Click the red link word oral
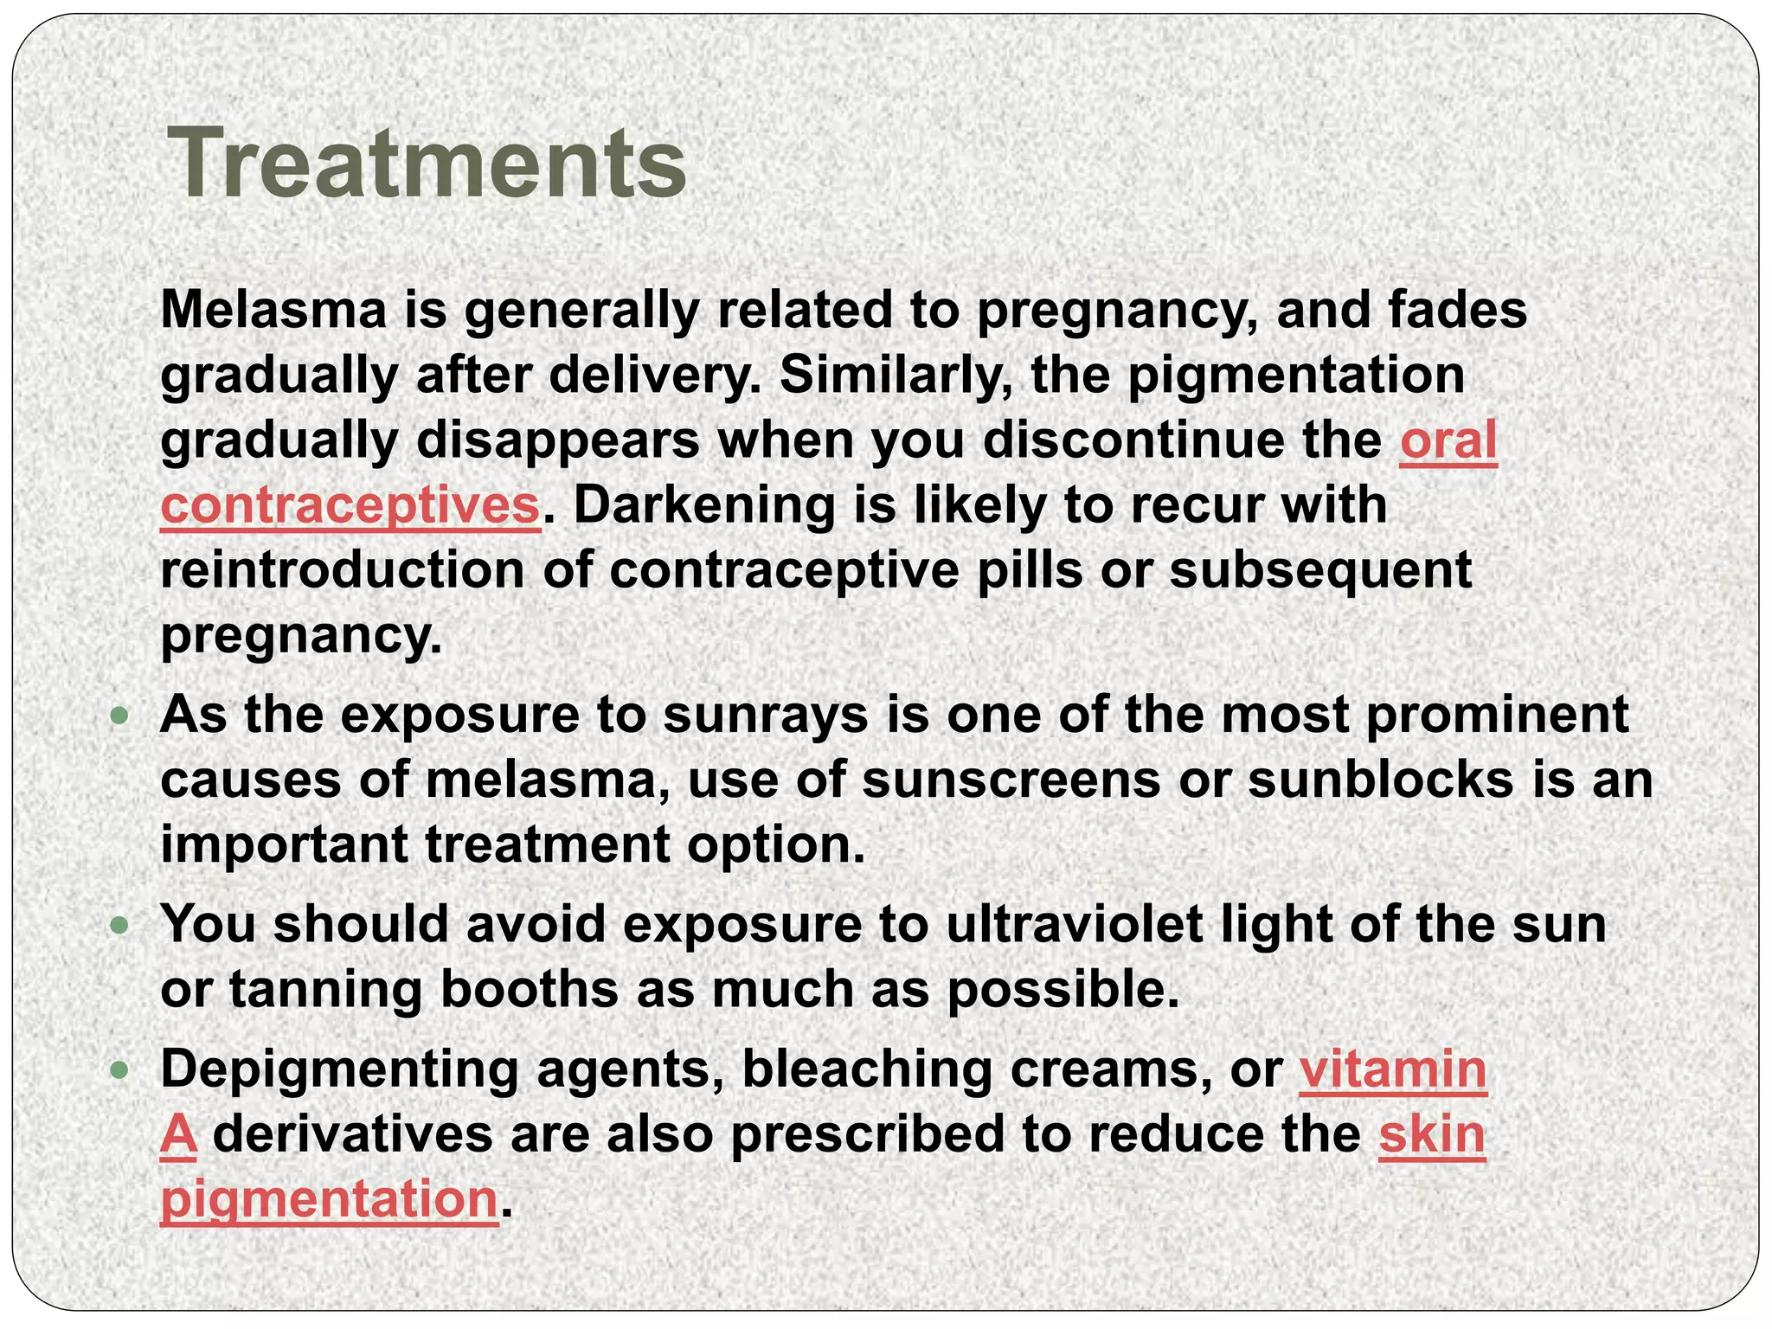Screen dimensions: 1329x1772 click(x=1448, y=441)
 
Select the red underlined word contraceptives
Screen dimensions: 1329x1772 click(x=350, y=506)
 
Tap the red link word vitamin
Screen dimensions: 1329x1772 click(x=1393, y=1070)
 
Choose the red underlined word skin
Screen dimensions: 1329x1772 click(x=1432, y=1135)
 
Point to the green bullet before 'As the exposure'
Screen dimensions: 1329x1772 click(x=120, y=716)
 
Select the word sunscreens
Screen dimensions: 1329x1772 click(x=1011, y=780)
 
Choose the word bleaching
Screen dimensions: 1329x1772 click(x=866, y=1070)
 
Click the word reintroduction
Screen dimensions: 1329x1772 click(x=343, y=571)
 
